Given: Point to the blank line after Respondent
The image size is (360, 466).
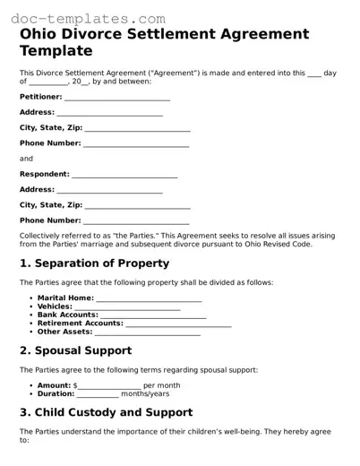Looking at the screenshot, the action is pos(124,175).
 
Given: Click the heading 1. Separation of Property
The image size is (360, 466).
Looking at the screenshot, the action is pos(94,263).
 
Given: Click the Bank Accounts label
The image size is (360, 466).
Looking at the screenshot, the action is pos(68,315).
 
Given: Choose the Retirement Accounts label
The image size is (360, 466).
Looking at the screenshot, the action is pos(80,323).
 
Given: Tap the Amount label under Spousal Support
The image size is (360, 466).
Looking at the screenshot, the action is pos(55,385).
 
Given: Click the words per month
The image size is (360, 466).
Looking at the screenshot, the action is pos(161,385).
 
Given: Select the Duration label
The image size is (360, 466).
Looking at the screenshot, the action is pos(56,393).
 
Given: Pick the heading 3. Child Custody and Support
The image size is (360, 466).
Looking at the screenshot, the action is pos(106,412).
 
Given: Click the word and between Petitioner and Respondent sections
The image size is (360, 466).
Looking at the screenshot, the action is pos(26,159).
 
